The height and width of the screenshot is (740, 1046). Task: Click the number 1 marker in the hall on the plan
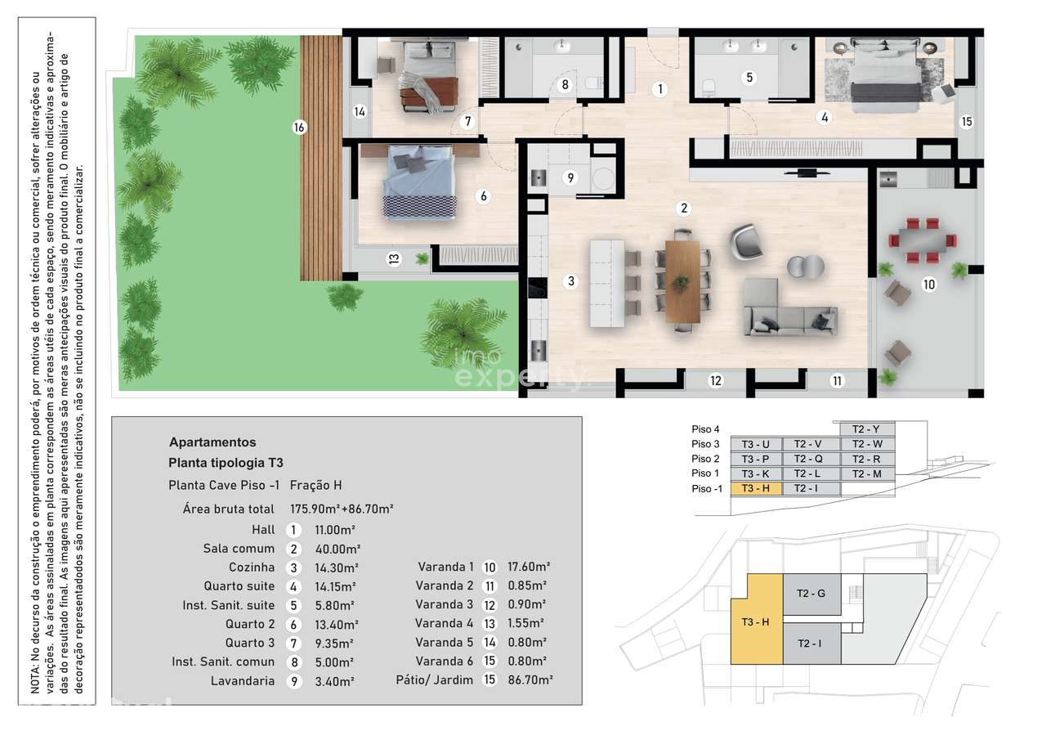[659, 89]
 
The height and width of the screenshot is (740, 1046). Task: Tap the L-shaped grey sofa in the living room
[789, 314]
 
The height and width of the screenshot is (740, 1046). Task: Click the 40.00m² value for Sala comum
[337, 549]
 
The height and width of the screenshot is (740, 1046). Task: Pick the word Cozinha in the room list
[253, 567]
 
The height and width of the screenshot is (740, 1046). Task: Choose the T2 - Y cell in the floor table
[866, 429]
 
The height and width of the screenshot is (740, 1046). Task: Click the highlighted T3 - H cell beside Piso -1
[756, 488]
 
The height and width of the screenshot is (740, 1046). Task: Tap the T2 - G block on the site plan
[811, 594]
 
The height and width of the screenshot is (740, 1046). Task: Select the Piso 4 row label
[706, 429]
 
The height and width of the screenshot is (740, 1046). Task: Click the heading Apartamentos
[212, 442]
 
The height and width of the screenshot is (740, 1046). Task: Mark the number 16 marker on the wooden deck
[299, 127]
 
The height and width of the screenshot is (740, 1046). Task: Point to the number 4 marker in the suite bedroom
[825, 117]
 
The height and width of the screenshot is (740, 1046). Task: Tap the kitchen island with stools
[607, 282]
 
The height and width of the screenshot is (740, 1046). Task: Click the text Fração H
[315, 485]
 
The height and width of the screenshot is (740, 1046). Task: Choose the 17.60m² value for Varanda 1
[528, 567]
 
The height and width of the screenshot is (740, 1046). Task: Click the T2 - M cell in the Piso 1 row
[866, 473]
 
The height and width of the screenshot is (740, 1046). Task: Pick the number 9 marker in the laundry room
[570, 177]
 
